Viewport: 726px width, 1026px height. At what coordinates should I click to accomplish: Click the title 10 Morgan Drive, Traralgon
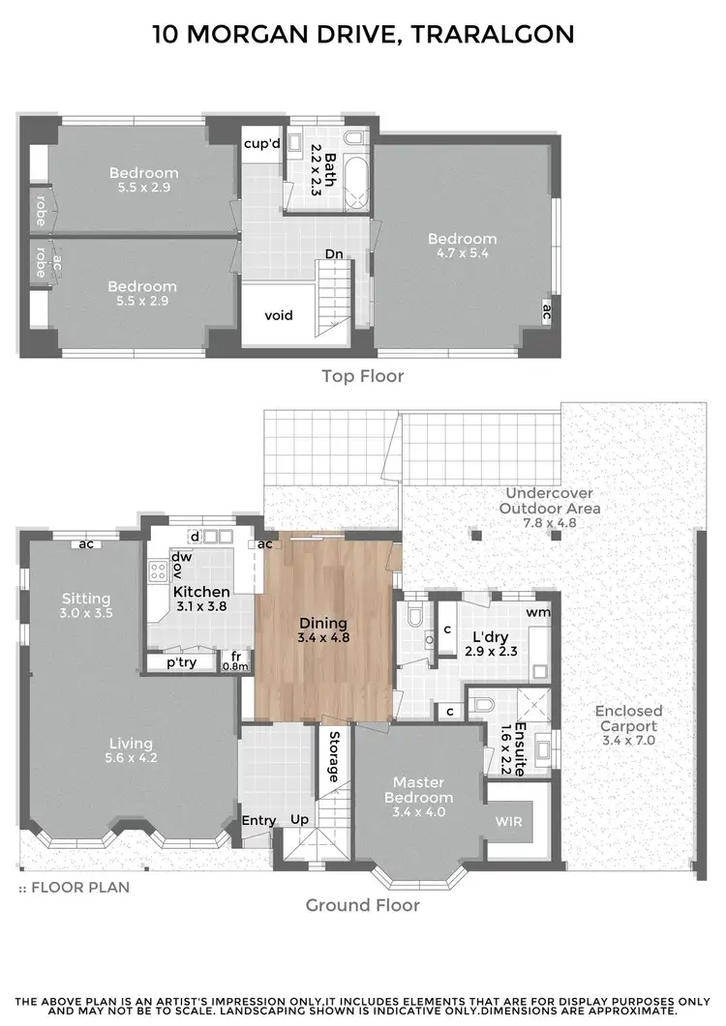pos(363,35)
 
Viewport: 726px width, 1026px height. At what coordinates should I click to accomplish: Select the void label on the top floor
pos(278,315)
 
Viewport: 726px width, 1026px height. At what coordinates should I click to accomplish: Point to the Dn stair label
pos(334,254)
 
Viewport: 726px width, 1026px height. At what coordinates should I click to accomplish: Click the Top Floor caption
pos(362,376)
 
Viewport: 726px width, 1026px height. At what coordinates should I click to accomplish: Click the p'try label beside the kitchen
pos(181,664)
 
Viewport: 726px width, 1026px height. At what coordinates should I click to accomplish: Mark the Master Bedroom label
pos(418,790)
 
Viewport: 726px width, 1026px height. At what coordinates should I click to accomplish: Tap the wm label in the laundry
pos(538,612)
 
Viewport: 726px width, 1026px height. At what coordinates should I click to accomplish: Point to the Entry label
pos(258,820)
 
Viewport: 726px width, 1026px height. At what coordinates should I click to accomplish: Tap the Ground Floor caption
pos(362,905)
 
